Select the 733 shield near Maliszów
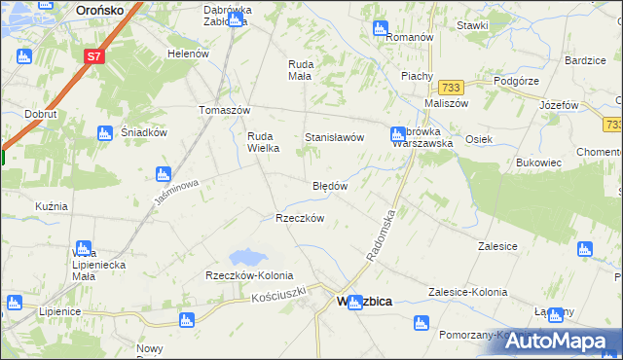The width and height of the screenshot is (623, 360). [449, 88]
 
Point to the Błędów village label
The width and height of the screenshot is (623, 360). [330, 186]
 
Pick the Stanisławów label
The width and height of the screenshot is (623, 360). [335, 138]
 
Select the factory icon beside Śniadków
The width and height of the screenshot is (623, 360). [105, 132]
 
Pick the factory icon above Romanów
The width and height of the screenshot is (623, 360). [381, 28]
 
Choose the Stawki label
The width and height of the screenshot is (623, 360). [472, 25]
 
